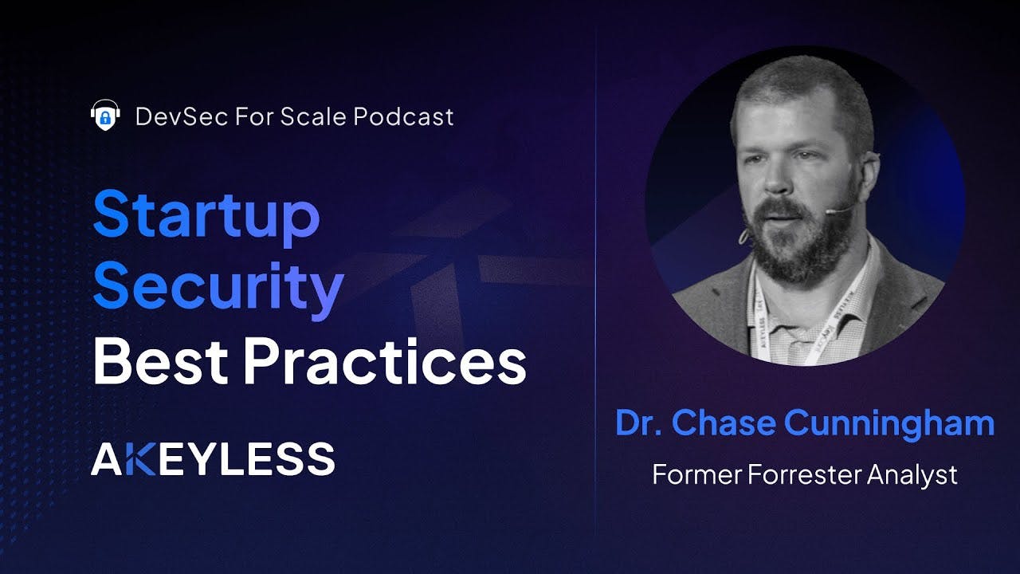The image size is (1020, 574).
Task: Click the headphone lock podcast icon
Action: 104,115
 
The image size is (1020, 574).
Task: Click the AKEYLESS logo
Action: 213,459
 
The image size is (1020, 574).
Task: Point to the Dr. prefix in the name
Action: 639,423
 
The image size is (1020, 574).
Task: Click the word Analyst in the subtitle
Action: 913,475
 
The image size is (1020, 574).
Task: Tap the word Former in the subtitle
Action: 696,474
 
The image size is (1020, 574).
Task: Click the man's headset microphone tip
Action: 831,211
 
